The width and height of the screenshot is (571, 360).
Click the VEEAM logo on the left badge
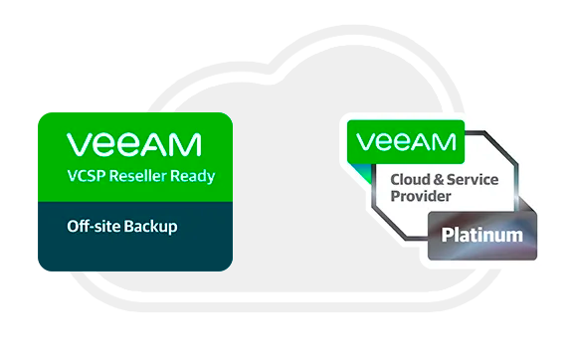(x=134, y=146)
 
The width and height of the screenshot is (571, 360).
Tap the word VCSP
(x=88, y=179)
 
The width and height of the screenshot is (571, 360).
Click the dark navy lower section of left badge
(x=134, y=244)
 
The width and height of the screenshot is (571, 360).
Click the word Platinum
(x=481, y=236)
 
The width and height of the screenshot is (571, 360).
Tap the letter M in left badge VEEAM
(x=189, y=146)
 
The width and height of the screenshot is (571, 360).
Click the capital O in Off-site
(x=73, y=227)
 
